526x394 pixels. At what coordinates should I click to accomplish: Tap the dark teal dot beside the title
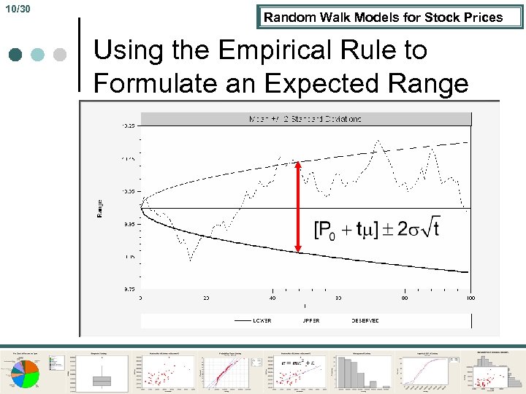click(x=16, y=55)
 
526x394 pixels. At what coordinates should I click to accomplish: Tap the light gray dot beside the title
click(x=60, y=55)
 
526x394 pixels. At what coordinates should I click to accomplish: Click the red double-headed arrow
click(x=298, y=207)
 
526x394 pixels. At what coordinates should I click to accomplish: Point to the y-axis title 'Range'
click(x=99, y=208)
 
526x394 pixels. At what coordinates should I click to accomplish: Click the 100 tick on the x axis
click(x=470, y=298)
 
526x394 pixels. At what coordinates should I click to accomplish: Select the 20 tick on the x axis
click(x=207, y=298)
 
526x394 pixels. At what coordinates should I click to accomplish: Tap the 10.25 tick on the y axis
click(x=128, y=126)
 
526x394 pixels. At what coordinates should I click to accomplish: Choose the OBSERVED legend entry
click(x=365, y=320)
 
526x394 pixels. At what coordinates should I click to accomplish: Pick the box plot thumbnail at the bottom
click(x=102, y=371)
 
